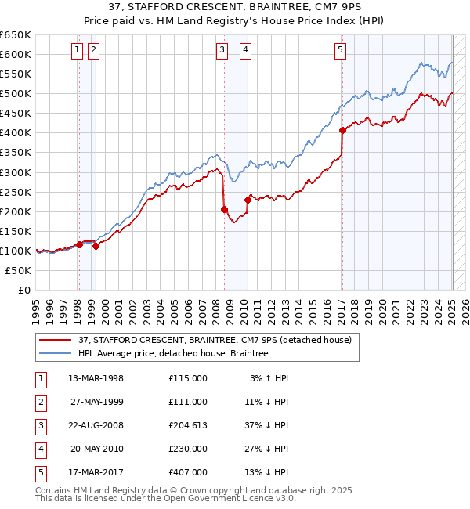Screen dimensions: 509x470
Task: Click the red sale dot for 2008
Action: click(x=224, y=209)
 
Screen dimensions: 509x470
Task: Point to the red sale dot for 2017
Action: click(x=342, y=130)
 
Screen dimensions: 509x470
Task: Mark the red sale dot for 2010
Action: click(x=248, y=199)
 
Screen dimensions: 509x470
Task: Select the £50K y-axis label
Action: click(x=19, y=270)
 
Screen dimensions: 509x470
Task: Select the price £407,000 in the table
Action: click(x=188, y=472)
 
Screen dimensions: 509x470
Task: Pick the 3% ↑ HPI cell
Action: click(x=269, y=378)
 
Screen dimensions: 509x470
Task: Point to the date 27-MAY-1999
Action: click(x=96, y=402)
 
